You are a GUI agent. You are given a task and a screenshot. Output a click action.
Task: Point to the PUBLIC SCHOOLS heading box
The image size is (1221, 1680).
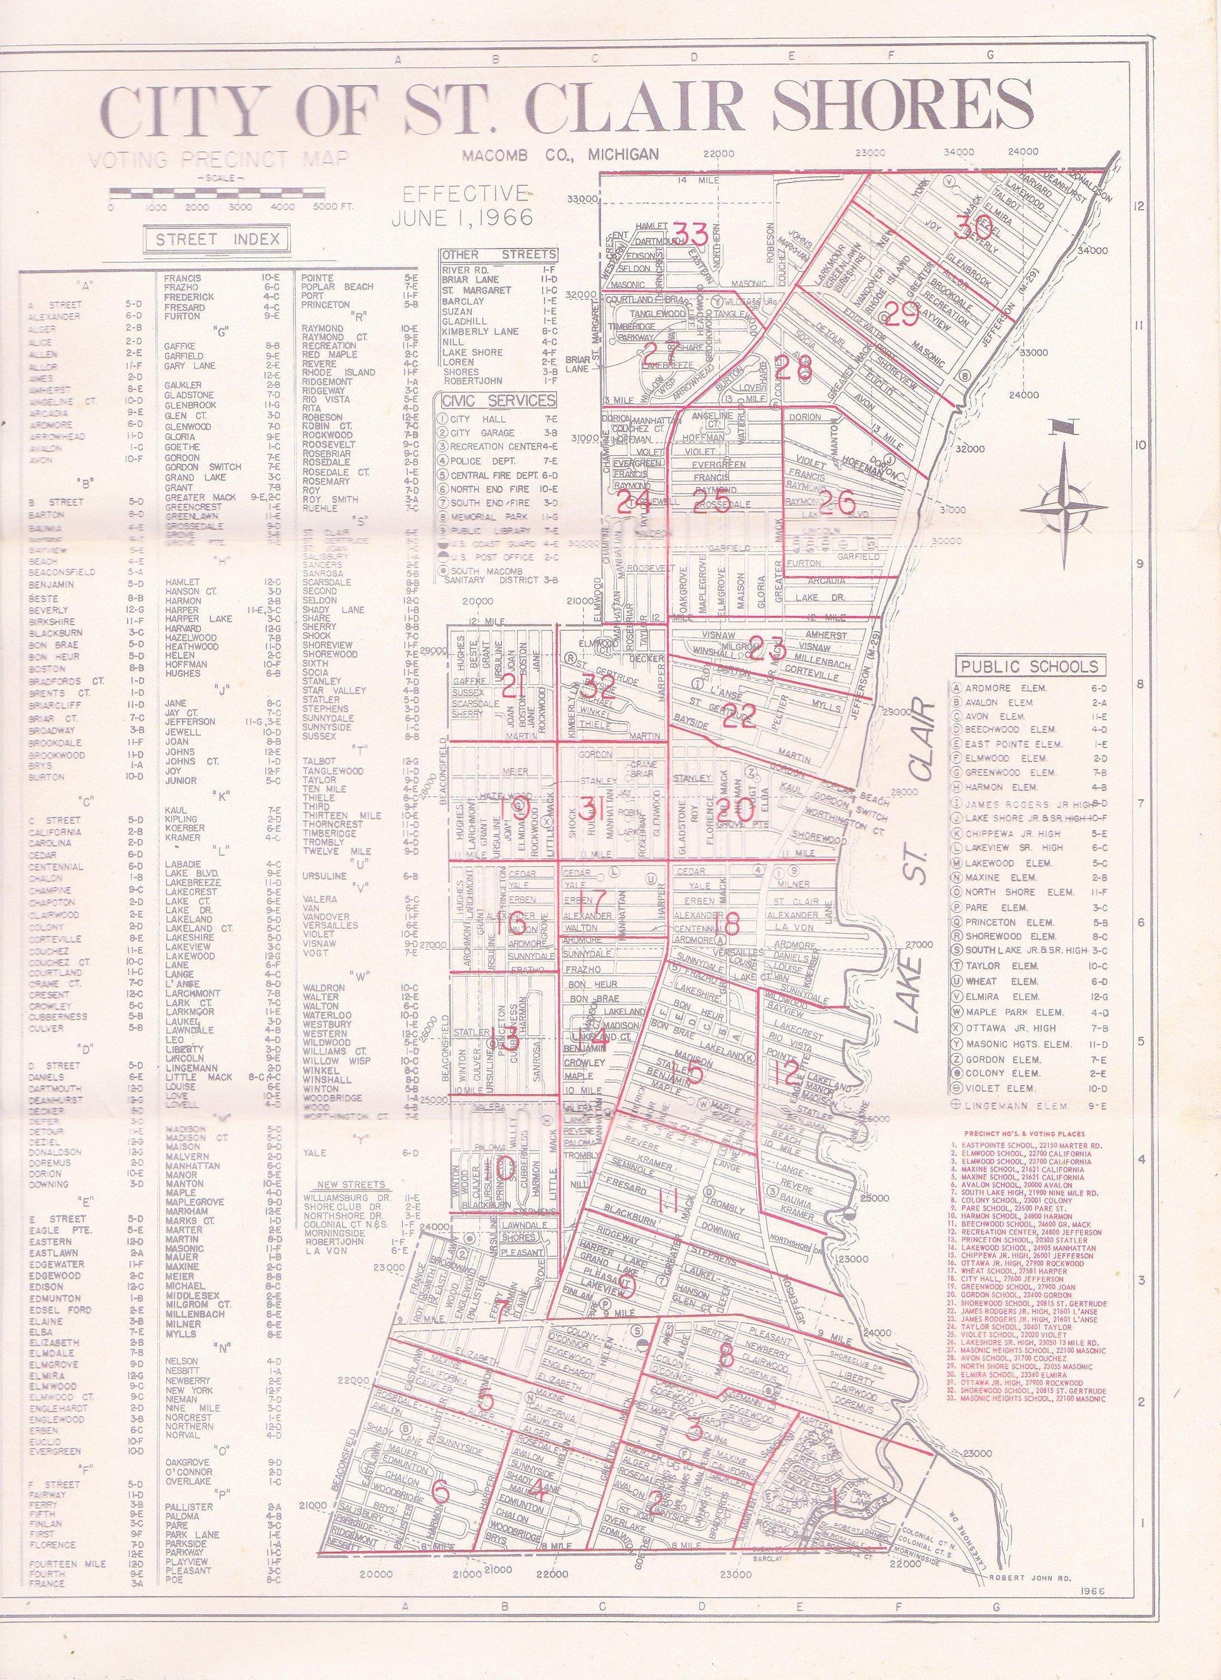point(1028,666)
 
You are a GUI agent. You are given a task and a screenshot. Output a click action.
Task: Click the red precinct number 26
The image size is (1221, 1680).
point(837,503)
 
